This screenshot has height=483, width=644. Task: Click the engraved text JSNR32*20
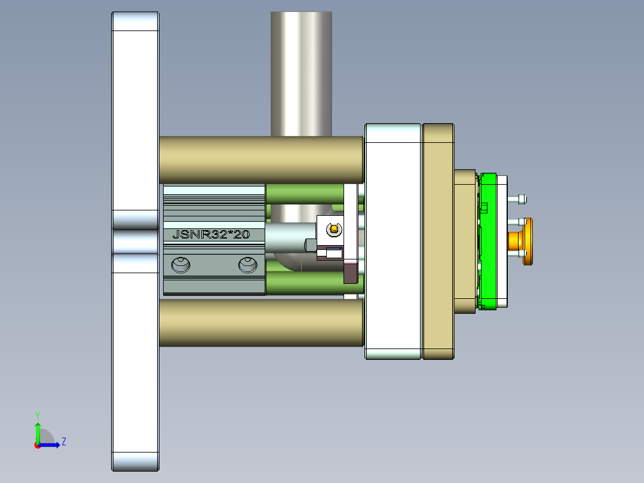[x=210, y=234]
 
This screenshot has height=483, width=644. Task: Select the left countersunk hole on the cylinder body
[x=180, y=264]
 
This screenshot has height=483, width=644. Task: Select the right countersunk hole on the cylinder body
[x=248, y=264]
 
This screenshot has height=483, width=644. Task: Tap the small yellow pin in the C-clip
[x=333, y=227]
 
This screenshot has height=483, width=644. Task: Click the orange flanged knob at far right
[x=526, y=241]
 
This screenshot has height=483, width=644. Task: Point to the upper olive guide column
[x=261, y=160]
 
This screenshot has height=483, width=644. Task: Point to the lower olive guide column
[x=261, y=322]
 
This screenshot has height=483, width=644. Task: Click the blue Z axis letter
[x=63, y=442]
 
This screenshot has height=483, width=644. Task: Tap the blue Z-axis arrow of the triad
[x=53, y=444]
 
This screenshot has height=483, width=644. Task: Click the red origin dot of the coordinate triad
[x=37, y=445]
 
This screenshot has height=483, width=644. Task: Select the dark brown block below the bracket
[x=349, y=272]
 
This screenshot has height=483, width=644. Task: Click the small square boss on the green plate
[x=484, y=207]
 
